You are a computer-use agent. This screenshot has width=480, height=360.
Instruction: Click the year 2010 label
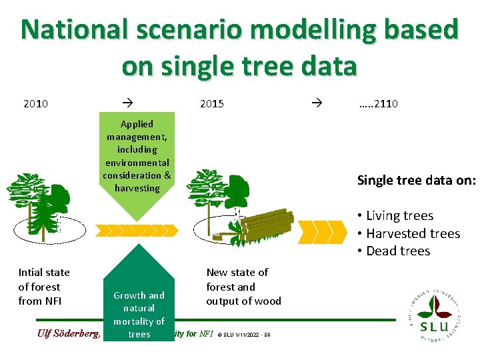35,103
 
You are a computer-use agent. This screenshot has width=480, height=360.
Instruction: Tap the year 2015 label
212,103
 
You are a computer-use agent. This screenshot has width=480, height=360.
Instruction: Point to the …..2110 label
378,103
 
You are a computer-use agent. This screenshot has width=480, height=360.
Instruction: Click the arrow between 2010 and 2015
127,103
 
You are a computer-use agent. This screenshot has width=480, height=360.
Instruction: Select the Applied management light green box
137,160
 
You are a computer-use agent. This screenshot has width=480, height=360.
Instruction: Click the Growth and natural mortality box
139,307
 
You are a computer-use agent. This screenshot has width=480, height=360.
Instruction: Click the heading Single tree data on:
416,180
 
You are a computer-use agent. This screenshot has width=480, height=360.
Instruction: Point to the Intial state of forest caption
44,287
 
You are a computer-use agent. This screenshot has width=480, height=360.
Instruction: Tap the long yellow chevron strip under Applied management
137,231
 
